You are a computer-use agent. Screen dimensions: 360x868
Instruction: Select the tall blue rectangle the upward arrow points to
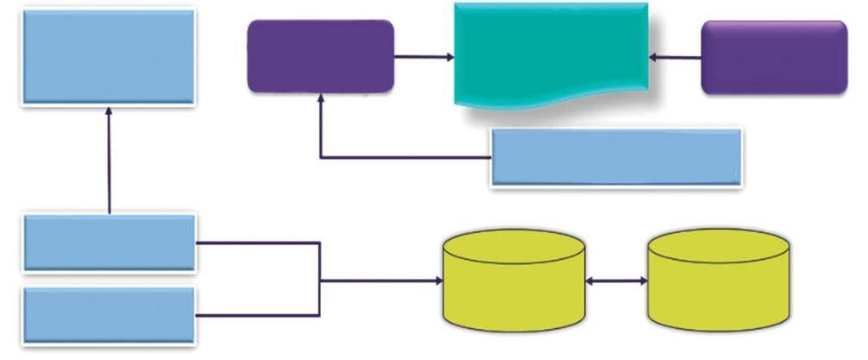coord(108,56)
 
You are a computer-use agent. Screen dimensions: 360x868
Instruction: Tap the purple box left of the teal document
coord(320,56)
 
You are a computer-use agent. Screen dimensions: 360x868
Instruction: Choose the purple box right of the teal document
coord(774,57)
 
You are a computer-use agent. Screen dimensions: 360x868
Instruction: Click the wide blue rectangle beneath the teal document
coord(616,156)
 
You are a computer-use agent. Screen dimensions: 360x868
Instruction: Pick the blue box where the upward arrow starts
coord(110,243)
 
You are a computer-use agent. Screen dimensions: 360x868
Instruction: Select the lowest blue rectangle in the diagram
coord(110,315)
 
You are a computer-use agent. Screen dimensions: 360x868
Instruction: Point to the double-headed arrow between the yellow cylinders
coord(617,281)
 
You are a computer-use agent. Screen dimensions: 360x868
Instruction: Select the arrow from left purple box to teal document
coord(424,58)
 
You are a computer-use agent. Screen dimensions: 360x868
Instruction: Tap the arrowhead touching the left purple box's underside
coord(321,99)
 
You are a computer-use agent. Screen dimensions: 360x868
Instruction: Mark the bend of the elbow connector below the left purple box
coord(321,157)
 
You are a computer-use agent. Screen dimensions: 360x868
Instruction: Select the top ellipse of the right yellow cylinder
coord(719,244)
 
